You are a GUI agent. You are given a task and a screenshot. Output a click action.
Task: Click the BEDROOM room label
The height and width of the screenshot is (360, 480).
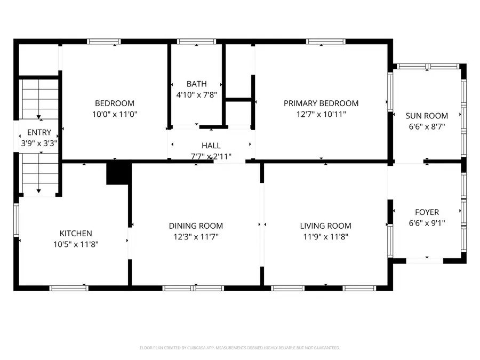pos(115,103)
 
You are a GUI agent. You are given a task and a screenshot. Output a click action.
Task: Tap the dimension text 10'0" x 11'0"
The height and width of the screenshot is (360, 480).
pos(115,114)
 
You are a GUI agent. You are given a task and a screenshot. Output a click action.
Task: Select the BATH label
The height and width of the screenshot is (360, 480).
pos(196,84)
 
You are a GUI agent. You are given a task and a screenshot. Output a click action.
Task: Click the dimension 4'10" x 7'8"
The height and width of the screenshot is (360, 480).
pos(196,95)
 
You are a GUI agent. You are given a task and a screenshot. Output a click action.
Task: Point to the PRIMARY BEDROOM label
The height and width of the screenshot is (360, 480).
pos(321,103)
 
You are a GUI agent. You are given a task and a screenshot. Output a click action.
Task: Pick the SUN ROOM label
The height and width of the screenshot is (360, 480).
pos(427,116)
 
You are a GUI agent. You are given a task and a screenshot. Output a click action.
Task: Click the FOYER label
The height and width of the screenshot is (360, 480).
pos(427,212)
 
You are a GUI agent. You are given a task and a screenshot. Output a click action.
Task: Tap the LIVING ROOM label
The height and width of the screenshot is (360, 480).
pos(325,226)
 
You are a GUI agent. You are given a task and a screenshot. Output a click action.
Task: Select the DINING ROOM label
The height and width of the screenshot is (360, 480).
pos(196,226)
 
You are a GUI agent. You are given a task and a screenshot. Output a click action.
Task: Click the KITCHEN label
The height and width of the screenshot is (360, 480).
pos(76,234)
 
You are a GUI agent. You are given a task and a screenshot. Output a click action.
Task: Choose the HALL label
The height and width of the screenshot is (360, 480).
pos(211,146)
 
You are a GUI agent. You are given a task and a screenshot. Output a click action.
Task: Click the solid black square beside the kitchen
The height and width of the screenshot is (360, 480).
pos(118,173)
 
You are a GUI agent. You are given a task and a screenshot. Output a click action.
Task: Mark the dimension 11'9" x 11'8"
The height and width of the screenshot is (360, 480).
pos(325,237)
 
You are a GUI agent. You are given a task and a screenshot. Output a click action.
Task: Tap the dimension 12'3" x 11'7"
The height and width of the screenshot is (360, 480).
pos(196,237)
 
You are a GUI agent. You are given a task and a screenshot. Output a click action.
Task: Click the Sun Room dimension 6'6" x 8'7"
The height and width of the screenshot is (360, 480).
pos(427,126)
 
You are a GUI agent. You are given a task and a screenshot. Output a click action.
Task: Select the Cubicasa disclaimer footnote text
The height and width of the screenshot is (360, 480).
pos(239,348)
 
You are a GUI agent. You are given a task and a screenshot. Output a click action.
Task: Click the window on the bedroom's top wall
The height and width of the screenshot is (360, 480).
pos(104,41)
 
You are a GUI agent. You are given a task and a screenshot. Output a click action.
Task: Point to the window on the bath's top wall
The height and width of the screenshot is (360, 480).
pos(196,41)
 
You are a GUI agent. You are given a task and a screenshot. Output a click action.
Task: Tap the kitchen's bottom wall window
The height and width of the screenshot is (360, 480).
pos(69,288)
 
